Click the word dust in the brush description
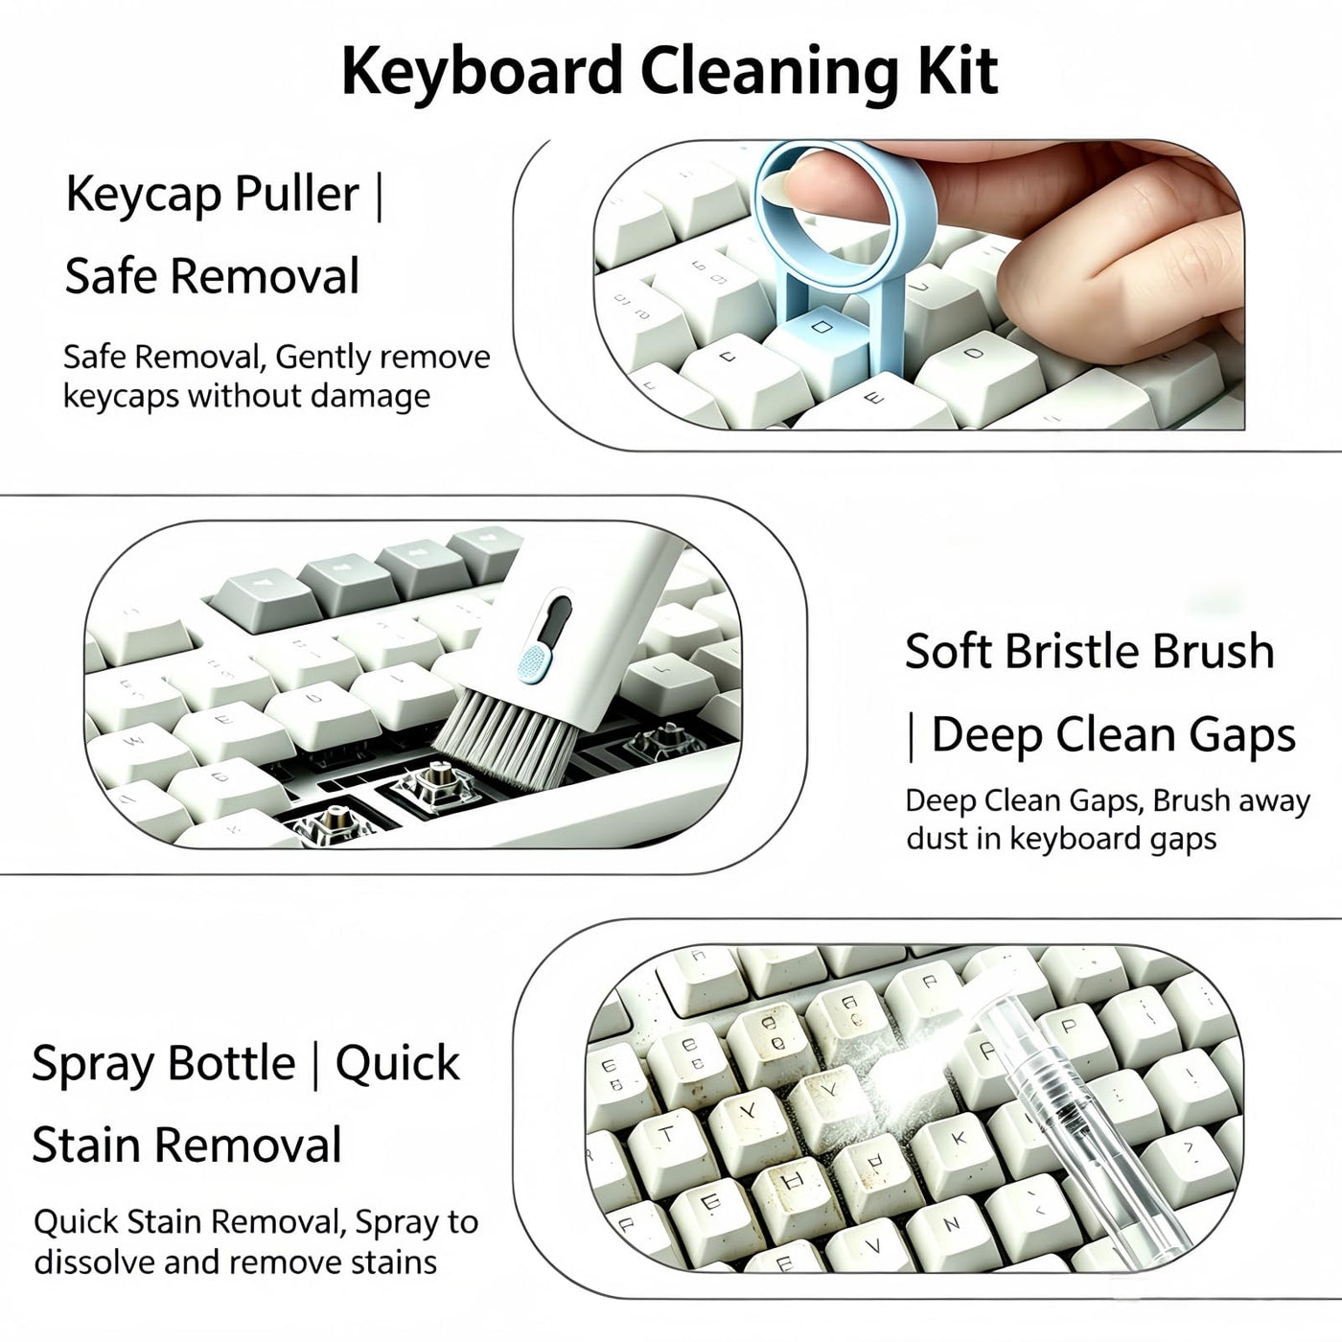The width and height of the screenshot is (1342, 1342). pyautogui.click(x=936, y=838)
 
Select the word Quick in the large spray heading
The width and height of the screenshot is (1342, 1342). pyautogui.click(x=397, y=1066)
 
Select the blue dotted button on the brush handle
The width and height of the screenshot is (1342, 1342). pyautogui.click(x=534, y=661)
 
